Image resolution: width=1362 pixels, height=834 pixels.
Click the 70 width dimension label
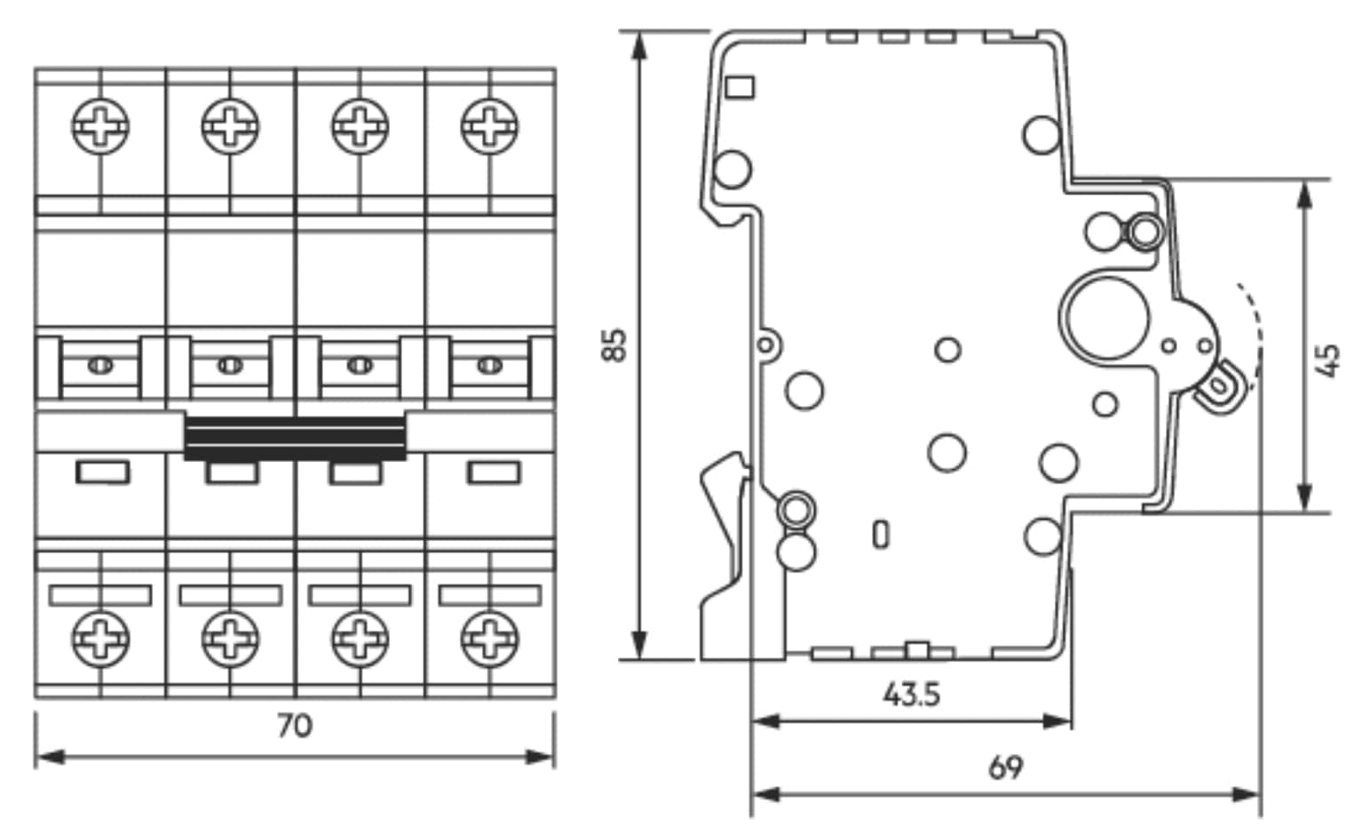pyautogui.click(x=294, y=726)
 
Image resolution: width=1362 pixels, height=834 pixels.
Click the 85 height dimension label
pyautogui.click(x=614, y=345)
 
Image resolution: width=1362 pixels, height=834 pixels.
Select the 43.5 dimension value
pyautogui.click(x=911, y=694)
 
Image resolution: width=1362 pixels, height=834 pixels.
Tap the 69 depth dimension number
pyautogui.click(x=1005, y=766)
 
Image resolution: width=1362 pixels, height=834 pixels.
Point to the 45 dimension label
pyautogui.click(x=1329, y=360)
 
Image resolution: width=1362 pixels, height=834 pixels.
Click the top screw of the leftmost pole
pyautogui.click(x=100, y=124)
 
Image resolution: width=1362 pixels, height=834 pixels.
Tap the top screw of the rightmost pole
pyautogui.click(x=489, y=124)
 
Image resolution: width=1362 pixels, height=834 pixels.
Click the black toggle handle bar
pyautogui.click(x=295, y=437)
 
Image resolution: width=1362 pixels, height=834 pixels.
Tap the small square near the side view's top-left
pyautogui.click(x=740, y=86)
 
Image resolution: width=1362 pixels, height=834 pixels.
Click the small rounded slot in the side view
pyautogui.click(x=880, y=534)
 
